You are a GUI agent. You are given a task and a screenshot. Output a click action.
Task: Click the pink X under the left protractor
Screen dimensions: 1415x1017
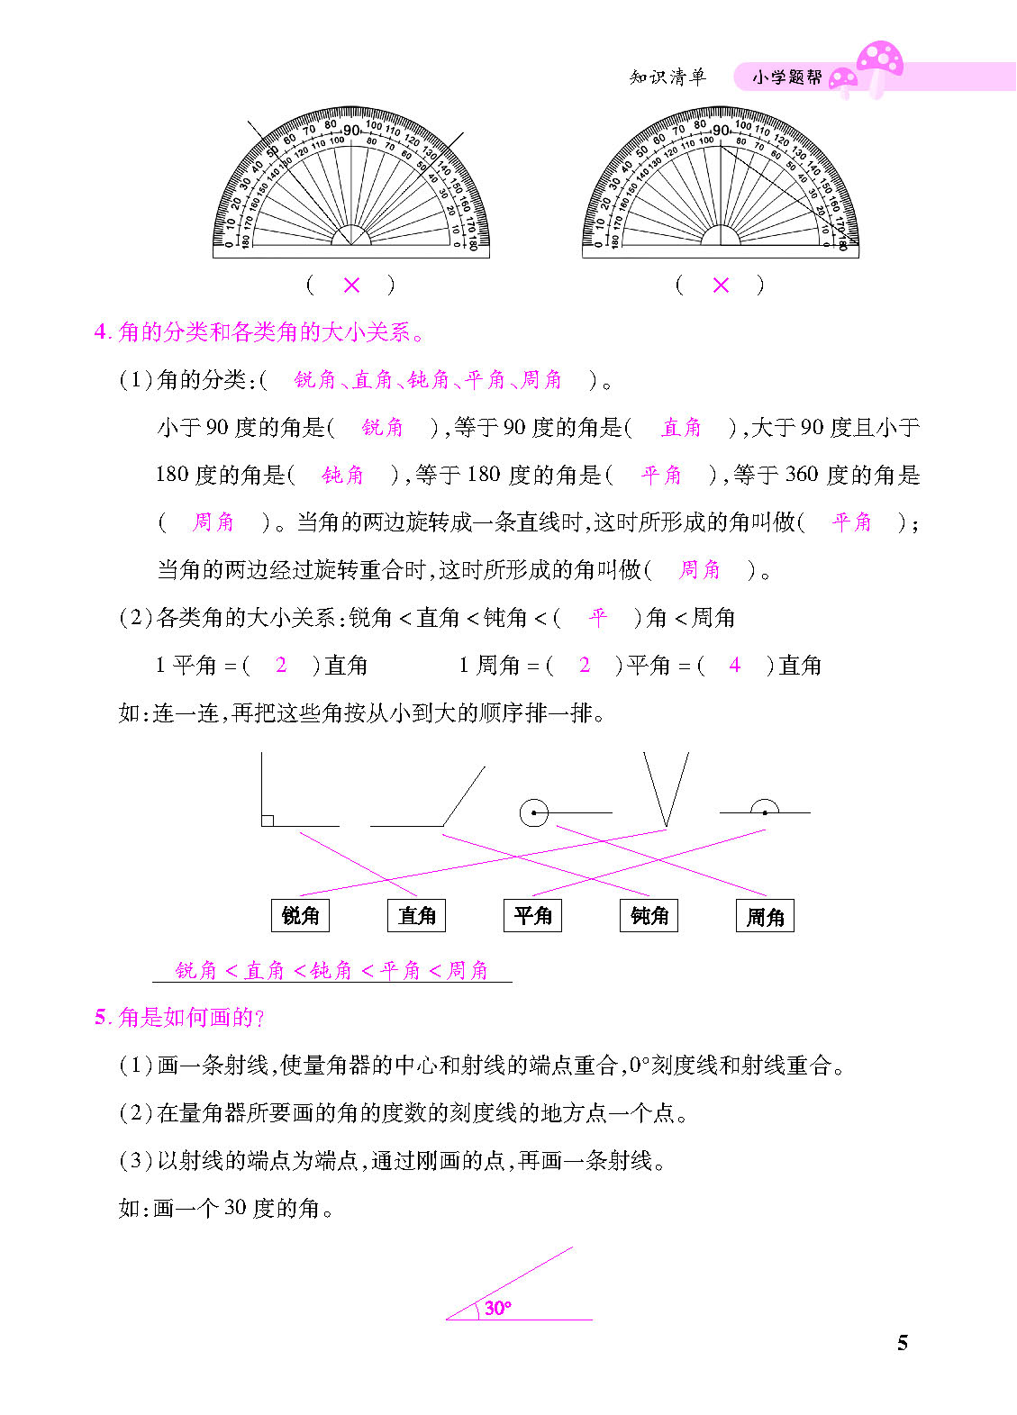coord(351,285)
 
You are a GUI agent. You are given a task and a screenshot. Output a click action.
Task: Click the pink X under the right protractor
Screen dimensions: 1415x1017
coord(721,285)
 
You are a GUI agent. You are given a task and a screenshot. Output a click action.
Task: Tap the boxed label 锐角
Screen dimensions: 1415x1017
coord(300,915)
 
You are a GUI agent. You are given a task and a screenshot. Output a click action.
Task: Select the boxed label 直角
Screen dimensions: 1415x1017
coord(416,915)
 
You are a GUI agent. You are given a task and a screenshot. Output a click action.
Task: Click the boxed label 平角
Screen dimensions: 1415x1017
coord(532,915)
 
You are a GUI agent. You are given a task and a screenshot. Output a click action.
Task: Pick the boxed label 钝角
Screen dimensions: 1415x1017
coord(649,915)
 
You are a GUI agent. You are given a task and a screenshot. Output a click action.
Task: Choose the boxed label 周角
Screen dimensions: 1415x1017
coord(765,916)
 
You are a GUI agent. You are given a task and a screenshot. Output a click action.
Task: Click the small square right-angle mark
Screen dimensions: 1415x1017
coord(268,820)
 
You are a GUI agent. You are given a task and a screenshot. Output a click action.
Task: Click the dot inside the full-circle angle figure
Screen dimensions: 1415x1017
coord(534,812)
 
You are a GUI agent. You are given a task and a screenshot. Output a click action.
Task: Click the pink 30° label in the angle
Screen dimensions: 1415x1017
coord(497,1308)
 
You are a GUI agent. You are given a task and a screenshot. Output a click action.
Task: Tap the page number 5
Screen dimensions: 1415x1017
coord(903,1343)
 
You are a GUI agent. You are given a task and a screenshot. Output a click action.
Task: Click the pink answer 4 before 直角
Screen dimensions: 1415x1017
coord(735,665)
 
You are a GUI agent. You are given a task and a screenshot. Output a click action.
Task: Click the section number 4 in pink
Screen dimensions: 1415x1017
coord(100,332)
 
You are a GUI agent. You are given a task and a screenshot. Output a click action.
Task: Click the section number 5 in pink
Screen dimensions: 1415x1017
coord(100,1018)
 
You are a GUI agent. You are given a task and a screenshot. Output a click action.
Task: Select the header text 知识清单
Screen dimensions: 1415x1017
coord(667,77)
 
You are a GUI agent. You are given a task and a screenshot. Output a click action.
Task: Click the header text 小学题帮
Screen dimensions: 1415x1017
coord(787,77)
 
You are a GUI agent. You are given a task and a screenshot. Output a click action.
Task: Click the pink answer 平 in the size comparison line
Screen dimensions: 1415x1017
coord(597,617)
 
